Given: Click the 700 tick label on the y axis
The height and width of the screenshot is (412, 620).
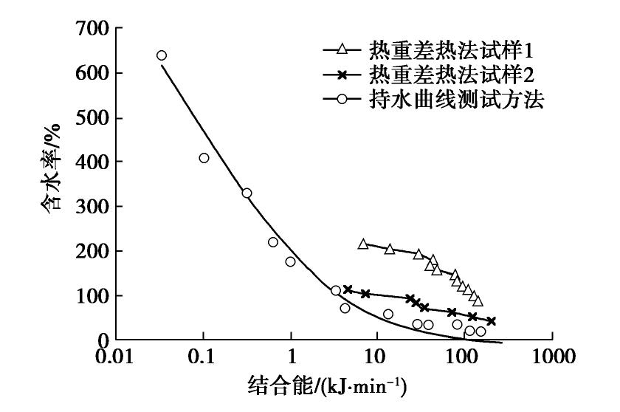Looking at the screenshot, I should pyautogui.click(x=94, y=29).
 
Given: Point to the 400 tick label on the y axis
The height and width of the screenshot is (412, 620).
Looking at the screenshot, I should pyautogui.click(x=94, y=162).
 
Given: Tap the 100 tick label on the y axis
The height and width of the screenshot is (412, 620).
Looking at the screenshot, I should pyautogui.click(x=94, y=295).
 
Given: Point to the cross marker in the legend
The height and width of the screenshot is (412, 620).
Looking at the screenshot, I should pyautogui.click(x=341, y=75).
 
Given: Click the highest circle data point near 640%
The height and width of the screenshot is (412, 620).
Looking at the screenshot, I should pyautogui.click(x=162, y=55).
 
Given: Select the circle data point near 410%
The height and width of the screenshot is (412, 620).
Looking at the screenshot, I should pyautogui.click(x=204, y=158).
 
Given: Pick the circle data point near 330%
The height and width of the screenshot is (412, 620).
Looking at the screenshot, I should pyautogui.click(x=247, y=193).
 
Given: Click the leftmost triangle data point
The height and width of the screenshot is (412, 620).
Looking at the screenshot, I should pyautogui.click(x=362, y=244).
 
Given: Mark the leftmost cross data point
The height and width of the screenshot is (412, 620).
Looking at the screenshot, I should pyautogui.click(x=348, y=289).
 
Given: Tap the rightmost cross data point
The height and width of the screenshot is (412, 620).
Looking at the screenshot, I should pyautogui.click(x=491, y=321).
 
